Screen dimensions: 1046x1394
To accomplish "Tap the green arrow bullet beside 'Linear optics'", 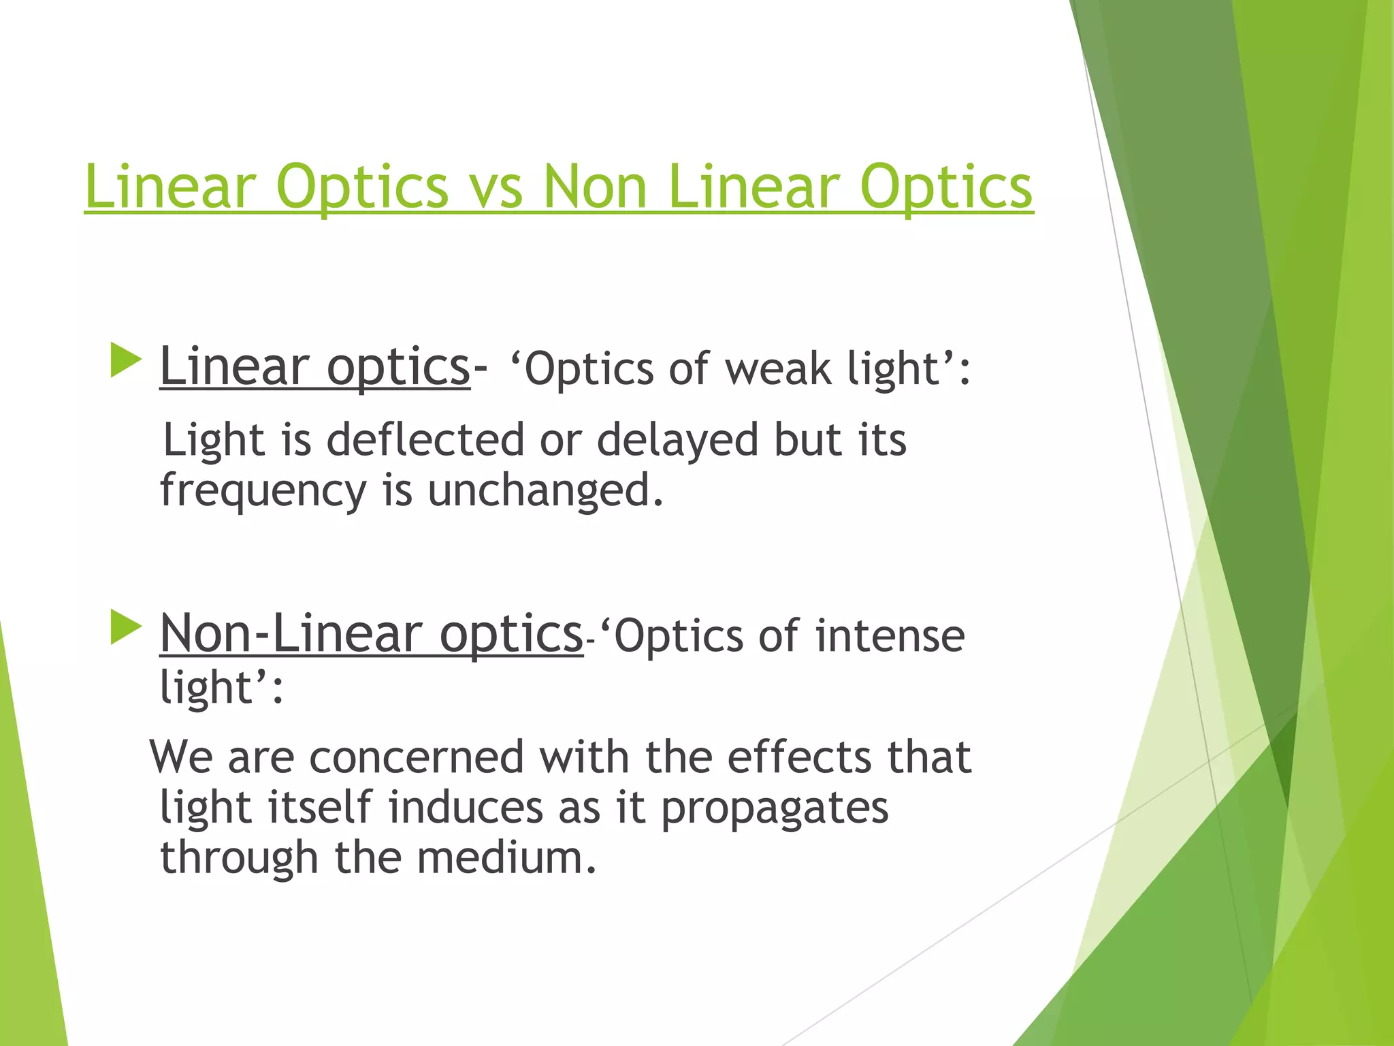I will [125, 360].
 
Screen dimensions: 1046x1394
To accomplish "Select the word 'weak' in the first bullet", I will [777, 369].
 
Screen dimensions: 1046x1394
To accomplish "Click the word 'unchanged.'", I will [545, 490].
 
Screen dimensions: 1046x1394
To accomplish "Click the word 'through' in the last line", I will [239, 859].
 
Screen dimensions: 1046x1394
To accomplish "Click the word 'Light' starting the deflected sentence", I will [214, 441].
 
